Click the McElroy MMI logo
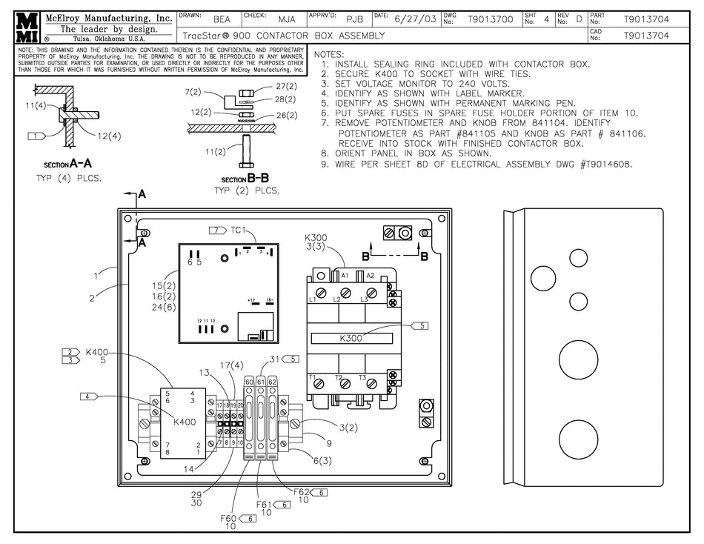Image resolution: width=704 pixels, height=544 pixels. click(27, 27)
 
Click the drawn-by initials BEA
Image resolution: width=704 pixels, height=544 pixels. click(222, 20)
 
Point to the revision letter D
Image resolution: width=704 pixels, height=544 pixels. click(578, 20)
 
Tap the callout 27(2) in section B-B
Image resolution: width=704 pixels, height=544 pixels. click(286, 87)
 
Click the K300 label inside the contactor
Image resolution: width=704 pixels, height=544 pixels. click(351, 338)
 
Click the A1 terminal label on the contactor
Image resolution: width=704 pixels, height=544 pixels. click(345, 276)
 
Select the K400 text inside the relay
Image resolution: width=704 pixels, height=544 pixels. click(184, 422)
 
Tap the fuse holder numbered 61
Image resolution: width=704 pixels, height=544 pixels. click(261, 381)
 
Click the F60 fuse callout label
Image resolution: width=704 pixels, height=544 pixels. click(228, 518)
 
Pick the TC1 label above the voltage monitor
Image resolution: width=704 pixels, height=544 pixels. click(238, 230)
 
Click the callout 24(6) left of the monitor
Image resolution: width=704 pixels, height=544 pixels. click(163, 307)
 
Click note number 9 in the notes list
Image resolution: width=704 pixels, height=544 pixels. click(325, 165)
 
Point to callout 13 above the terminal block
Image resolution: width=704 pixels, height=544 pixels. click(204, 372)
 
